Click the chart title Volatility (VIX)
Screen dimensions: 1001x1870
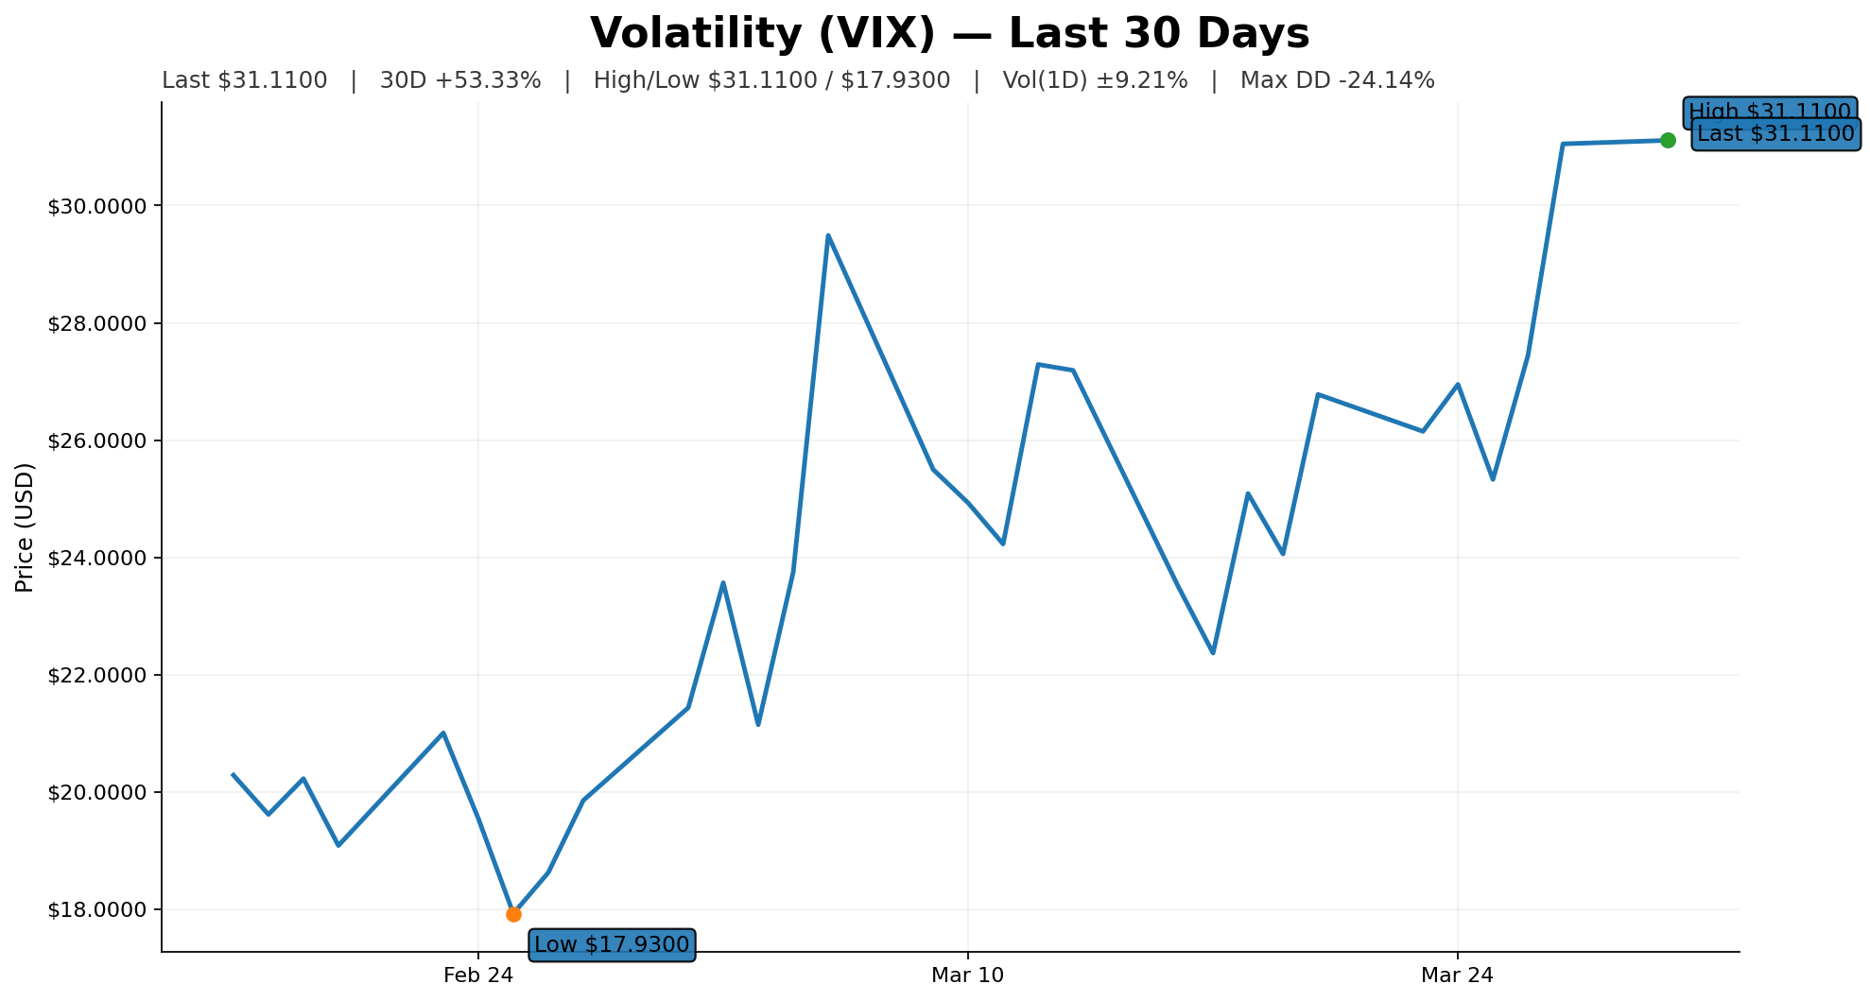pos(949,34)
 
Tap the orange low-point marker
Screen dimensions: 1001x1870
pos(513,914)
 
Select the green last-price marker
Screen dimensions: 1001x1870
pos(1668,140)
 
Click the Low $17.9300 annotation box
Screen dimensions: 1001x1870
pos(612,944)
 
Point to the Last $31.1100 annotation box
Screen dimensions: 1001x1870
pos(1775,134)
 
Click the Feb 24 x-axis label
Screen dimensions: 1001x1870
pos(478,975)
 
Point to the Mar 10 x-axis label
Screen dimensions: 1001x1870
pos(967,975)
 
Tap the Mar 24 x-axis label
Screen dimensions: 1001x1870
pos(1457,975)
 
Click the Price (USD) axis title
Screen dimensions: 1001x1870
pos(26,527)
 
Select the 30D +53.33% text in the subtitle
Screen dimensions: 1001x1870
pos(460,80)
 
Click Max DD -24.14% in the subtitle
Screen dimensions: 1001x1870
pos(1337,80)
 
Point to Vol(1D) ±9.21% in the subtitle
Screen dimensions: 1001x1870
pos(1095,80)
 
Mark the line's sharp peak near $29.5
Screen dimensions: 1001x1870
pos(828,235)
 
